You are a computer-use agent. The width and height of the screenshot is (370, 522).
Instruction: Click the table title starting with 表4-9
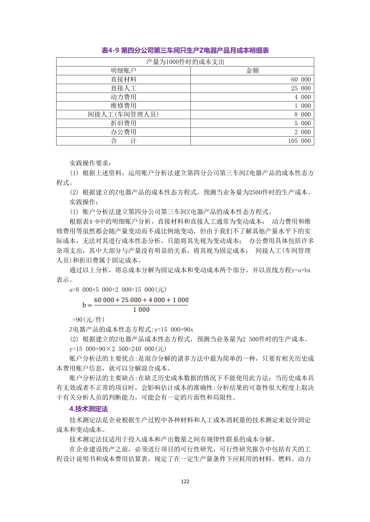tap(185, 50)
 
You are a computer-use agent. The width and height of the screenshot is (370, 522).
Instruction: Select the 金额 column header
tap(252, 71)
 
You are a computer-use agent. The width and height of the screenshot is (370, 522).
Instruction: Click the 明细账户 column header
tap(123, 71)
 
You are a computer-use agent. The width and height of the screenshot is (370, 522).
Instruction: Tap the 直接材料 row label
tap(123, 80)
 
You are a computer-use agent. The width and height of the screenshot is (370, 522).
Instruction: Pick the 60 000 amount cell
tap(301, 80)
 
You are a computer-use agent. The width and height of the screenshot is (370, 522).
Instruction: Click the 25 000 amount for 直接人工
tap(301, 88)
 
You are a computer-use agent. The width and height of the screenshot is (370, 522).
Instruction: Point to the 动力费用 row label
tap(123, 97)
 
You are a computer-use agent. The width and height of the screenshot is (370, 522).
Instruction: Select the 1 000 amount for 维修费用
tap(303, 106)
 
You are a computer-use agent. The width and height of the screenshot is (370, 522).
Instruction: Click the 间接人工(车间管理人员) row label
tap(123, 114)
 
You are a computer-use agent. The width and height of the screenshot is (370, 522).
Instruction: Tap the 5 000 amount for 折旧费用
tap(303, 123)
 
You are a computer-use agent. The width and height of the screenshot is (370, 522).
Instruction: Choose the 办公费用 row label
tap(123, 132)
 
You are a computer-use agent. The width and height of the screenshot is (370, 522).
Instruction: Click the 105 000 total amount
tap(299, 141)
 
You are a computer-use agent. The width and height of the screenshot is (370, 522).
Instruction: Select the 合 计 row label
tap(123, 141)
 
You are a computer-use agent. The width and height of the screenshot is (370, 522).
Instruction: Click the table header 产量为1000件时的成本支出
tap(185, 62)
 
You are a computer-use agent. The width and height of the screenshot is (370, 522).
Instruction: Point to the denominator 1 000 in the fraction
tap(141, 310)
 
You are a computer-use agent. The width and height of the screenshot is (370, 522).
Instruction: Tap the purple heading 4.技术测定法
tap(89, 409)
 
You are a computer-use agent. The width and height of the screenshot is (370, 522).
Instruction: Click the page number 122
tap(185, 482)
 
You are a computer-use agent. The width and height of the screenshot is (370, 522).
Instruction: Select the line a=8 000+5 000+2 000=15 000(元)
tap(118, 290)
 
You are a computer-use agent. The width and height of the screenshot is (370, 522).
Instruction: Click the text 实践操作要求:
tap(91, 163)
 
